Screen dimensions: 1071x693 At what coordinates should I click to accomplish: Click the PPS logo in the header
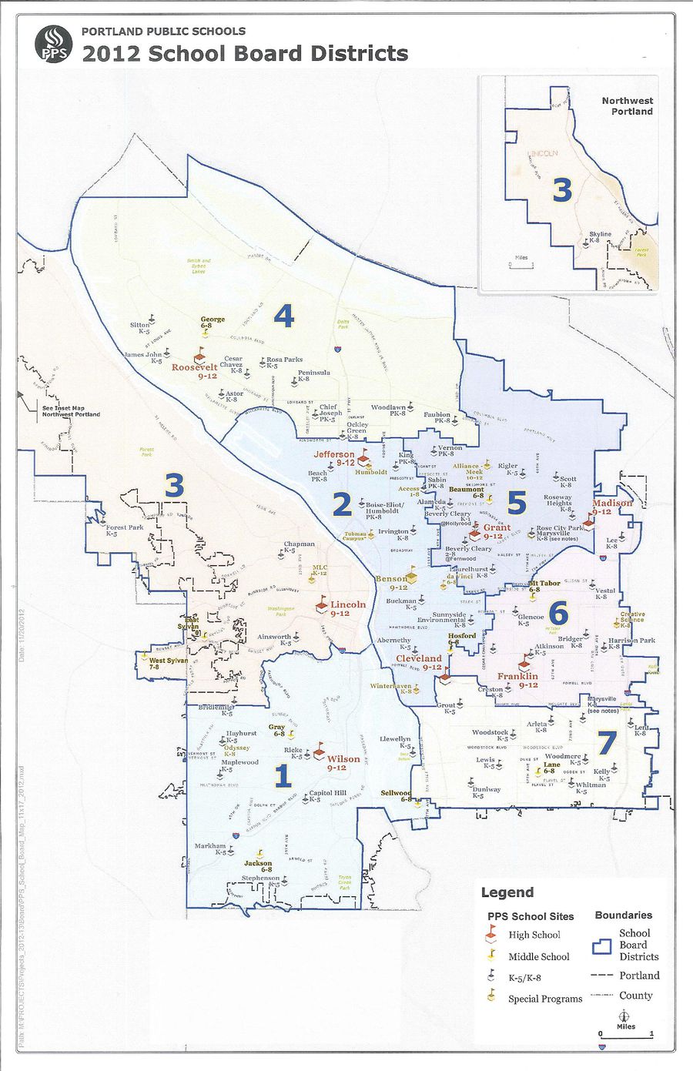click(x=53, y=45)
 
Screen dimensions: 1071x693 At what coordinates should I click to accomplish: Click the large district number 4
click(x=284, y=316)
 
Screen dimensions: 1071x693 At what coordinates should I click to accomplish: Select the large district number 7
click(x=607, y=743)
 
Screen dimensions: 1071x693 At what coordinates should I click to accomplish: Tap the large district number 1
click(x=283, y=776)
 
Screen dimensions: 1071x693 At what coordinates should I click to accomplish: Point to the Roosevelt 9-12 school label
click(x=195, y=371)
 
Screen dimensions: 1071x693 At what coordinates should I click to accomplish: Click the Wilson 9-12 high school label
click(x=343, y=762)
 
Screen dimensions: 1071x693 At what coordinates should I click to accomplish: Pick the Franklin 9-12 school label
click(x=517, y=680)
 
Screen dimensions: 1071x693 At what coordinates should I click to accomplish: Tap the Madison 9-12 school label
click(x=612, y=507)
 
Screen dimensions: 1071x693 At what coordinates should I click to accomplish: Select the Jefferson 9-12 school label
click(x=334, y=458)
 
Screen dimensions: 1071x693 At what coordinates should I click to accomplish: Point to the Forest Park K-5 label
click(x=125, y=530)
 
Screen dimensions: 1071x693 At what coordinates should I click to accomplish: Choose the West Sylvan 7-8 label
click(x=167, y=664)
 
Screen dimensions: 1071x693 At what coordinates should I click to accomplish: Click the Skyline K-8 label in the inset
click(x=600, y=236)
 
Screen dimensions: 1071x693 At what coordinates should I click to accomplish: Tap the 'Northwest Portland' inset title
click(x=627, y=106)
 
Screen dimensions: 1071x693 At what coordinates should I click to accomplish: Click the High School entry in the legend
click(x=534, y=935)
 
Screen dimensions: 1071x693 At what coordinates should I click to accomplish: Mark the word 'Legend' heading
click(x=507, y=892)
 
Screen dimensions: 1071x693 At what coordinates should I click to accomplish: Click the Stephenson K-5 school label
click(x=261, y=881)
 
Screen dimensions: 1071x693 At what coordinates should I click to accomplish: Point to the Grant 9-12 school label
click(x=497, y=531)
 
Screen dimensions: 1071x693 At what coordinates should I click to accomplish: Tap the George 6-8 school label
click(x=213, y=322)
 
